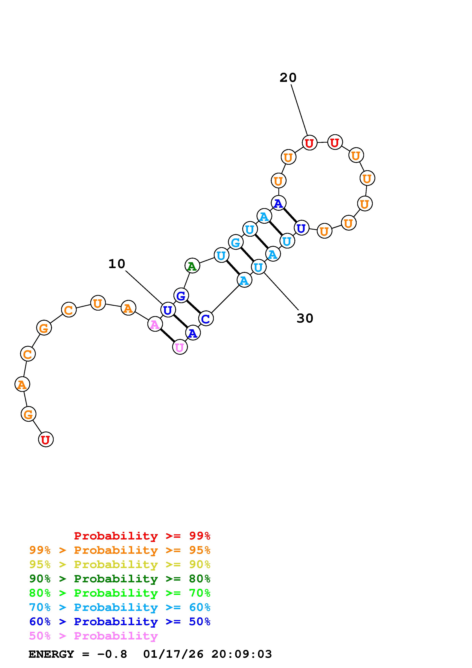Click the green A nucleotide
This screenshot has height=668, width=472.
click(192, 266)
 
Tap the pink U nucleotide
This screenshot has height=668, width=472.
click(180, 347)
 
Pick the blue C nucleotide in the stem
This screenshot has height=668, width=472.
click(206, 319)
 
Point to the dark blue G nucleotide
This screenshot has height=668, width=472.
click(181, 296)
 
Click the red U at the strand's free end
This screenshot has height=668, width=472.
click(46, 440)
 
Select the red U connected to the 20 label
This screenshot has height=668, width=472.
click(309, 143)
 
